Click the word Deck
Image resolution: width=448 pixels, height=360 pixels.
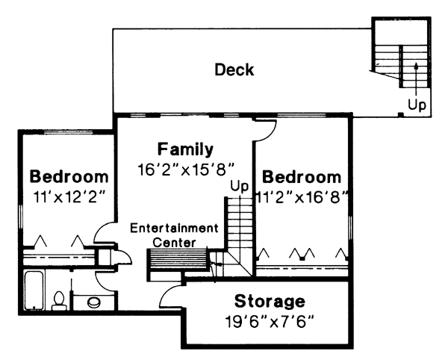click(234, 71)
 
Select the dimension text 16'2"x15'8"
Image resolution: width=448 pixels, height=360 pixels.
click(186, 168)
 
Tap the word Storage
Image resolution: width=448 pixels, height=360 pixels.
click(270, 302)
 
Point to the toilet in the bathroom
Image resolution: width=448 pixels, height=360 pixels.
click(58, 300)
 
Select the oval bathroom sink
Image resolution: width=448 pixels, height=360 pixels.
click(93, 302)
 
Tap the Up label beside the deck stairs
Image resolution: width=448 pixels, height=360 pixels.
click(417, 105)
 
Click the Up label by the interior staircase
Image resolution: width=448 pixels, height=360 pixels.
click(238, 185)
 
